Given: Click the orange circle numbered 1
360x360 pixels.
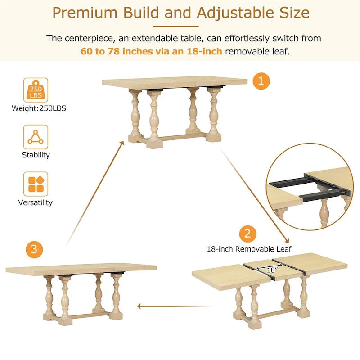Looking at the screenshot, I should [261, 82].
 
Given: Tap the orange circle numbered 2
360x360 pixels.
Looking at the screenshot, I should [247, 234].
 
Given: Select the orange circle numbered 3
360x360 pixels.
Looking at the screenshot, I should [34, 249].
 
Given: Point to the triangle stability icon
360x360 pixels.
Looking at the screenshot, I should [36, 137].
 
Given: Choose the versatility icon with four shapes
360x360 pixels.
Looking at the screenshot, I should [36, 184].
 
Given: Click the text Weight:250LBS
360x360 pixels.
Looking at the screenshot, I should [39, 108].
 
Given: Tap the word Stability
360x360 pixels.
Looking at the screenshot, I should [36, 155].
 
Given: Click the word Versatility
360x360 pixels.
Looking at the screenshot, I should [35, 203].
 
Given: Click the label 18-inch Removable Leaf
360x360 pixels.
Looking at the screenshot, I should [249, 249].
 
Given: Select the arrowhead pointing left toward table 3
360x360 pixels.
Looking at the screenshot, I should [139, 306].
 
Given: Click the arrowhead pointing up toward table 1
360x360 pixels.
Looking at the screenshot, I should [122, 143].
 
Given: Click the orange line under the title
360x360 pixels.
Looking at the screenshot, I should [180, 26].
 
